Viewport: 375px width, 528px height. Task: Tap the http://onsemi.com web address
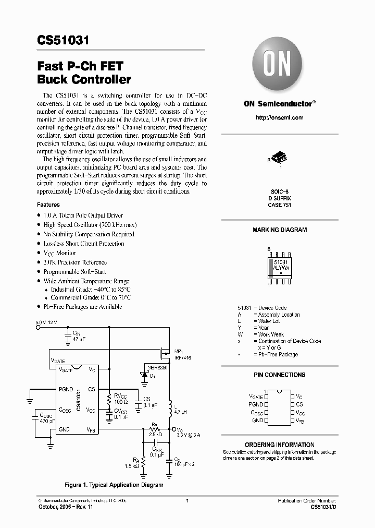pos(279,118)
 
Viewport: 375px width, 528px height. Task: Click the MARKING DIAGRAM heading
pos(280,230)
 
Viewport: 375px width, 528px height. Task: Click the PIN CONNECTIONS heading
pos(279,375)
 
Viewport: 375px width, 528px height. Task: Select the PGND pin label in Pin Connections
pos(256,404)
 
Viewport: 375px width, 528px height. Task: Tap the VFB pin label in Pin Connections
pos(301,420)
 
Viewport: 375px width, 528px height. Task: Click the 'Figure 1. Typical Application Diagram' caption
pos(114,485)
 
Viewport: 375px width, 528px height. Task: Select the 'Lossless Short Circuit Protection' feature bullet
pos(83,244)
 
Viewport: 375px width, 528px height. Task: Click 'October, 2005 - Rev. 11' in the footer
pos(65,507)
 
